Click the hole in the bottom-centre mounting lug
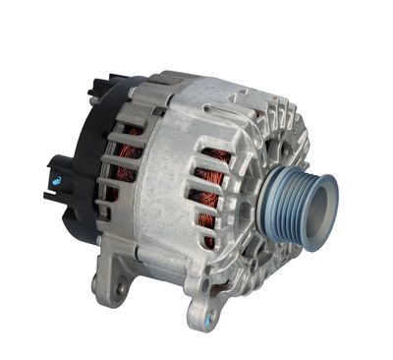click(198, 317)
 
